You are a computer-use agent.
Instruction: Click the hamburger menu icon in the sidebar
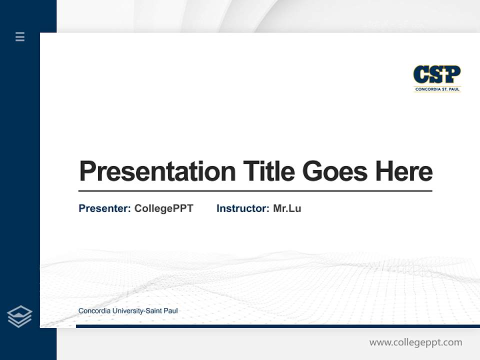[x=20, y=36]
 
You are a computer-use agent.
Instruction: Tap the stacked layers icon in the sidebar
[x=19, y=316]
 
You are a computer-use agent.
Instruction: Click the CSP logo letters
[x=436, y=75]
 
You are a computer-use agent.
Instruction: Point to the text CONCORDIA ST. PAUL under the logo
[x=437, y=89]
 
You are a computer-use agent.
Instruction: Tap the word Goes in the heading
[x=335, y=171]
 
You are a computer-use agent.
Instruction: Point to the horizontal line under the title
[x=255, y=191]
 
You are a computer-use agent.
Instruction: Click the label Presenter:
[x=104, y=208]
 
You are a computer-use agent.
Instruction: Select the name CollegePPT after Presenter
[x=163, y=208]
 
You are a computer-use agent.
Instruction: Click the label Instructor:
[x=242, y=208]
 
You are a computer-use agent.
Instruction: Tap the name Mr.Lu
[x=287, y=208]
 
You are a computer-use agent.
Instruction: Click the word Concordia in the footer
[x=94, y=311]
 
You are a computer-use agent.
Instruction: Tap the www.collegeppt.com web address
[x=415, y=342]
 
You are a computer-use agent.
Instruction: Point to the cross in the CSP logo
[x=437, y=74]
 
